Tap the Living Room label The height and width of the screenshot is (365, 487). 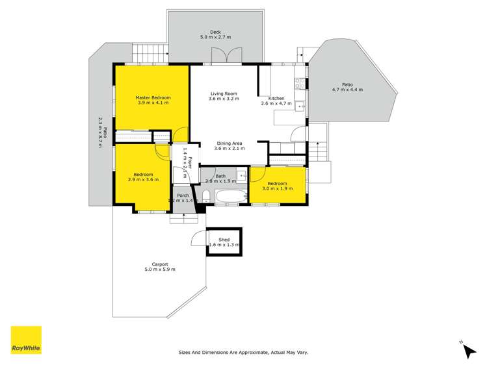(x=224, y=93)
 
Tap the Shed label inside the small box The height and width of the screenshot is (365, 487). (x=224, y=240)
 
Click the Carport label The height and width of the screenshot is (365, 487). (x=160, y=264)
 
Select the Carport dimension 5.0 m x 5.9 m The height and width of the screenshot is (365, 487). (x=160, y=270)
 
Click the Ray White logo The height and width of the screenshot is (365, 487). (x=26, y=340)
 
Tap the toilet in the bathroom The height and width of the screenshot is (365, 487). (x=205, y=196)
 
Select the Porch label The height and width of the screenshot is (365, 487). (x=182, y=195)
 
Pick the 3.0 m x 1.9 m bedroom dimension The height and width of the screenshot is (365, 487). (x=277, y=189)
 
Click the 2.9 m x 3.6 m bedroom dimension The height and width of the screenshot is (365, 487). (x=143, y=180)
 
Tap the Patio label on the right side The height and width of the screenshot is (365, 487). (x=347, y=84)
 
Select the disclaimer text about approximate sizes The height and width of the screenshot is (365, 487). (x=243, y=353)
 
